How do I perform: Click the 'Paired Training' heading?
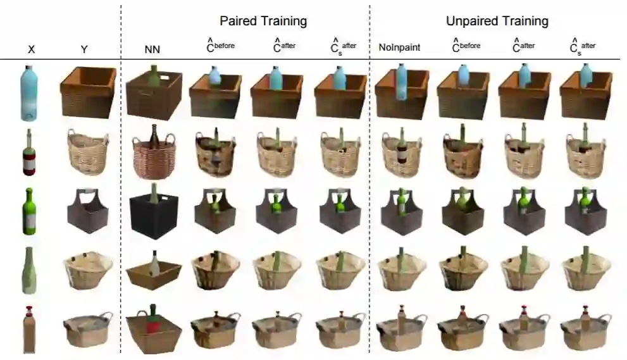[x=263, y=21]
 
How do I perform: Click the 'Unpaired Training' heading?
[x=497, y=21]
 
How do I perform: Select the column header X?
[x=31, y=48]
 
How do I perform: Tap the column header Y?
[x=84, y=48]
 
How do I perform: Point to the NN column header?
[x=152, y=48]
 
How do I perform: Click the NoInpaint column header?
[x=399, y=47]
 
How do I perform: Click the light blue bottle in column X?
[x=29, y=94]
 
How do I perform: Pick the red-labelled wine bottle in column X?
[x=28, y=154]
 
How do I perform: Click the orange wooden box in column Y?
[x=87, y=92]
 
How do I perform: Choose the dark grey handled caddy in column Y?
[x=87, y=211]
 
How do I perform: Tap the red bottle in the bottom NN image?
[x=152, y=323]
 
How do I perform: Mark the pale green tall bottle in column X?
[x=29, y=270]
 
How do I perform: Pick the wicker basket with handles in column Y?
[x=87, y=152]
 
